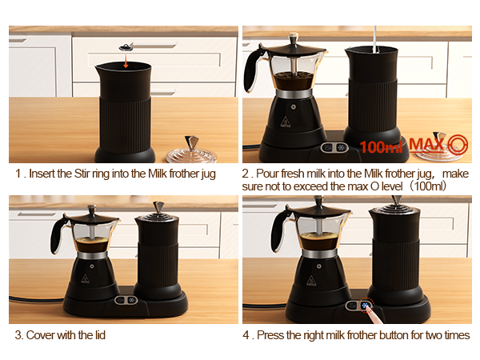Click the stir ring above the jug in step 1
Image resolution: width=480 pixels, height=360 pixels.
pyautogui.click(x=126, y=50)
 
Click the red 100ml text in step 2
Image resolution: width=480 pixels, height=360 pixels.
pyautogui.click(x=382, y=146)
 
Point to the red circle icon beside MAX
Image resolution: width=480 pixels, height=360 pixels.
pyautogui.click(x=458, y=145)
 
